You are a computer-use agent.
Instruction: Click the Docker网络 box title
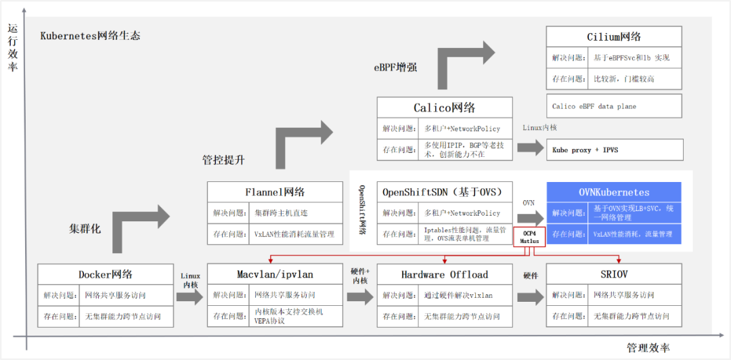105,274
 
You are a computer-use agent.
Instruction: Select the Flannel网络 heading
275,192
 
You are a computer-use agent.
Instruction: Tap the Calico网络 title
445,108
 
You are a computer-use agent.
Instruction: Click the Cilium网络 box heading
614,37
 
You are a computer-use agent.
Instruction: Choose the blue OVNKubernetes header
614,192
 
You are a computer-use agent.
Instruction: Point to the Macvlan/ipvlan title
275,274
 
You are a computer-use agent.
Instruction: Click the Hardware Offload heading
445,274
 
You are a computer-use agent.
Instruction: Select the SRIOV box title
614,274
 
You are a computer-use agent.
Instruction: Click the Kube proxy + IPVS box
614,150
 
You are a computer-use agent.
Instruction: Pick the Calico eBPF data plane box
614,106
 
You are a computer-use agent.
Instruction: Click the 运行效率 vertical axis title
12,47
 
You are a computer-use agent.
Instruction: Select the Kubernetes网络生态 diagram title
90,36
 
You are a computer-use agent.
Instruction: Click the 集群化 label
85,229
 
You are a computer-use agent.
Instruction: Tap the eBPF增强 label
395,68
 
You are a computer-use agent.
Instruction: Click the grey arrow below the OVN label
529,218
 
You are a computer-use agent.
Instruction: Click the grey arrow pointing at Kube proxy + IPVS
530,147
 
